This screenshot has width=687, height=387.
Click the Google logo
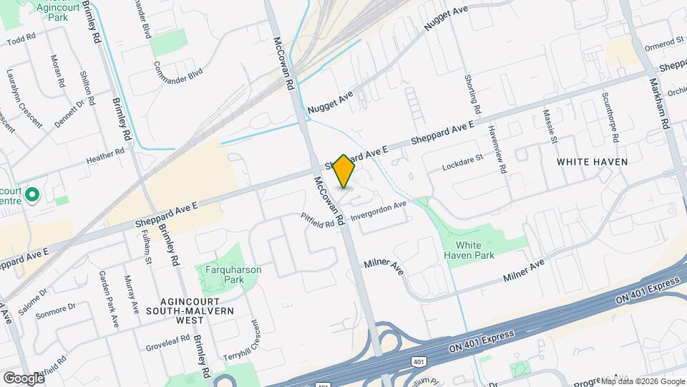point(23,377)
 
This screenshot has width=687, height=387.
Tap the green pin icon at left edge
point(31,194)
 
